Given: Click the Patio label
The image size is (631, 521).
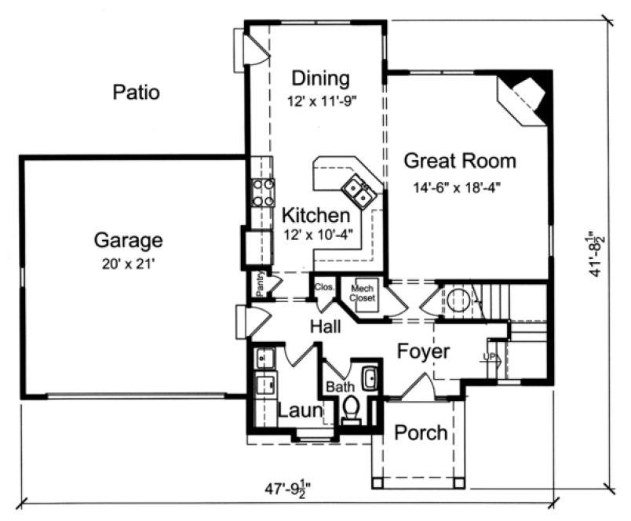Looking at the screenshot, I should tap(136, 93).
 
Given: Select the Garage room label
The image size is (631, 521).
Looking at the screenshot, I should tap(129, 240).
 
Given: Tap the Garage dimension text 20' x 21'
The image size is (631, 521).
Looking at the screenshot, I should tap(129, 264).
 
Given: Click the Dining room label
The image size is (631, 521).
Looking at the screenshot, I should tap(320, 78).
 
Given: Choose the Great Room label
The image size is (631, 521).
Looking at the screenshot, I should tap(460, 162).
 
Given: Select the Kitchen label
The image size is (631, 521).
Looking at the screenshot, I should tap(315, 215).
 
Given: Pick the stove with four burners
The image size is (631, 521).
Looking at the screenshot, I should tap(263, 191).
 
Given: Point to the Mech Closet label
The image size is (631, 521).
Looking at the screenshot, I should tap(363, 293).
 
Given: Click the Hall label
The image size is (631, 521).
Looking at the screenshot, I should tap(324, 326).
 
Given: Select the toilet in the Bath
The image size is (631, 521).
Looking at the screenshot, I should tap(351, 409).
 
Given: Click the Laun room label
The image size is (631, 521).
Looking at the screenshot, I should tap(299, 410).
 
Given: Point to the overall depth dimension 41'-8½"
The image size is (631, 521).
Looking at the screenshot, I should tap(598, 253).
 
